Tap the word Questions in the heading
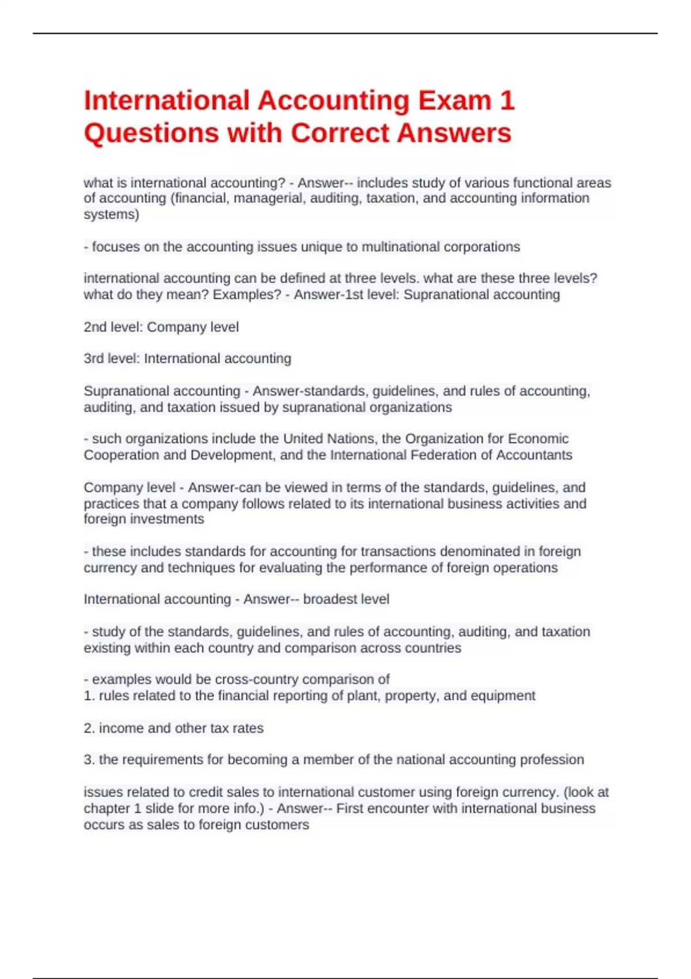click(151, 133)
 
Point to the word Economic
click(538, 439)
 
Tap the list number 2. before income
click(89, 728)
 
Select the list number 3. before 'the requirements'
click(89, 760)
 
